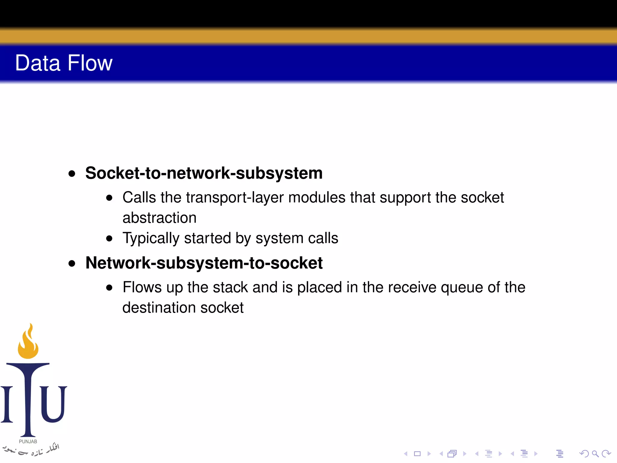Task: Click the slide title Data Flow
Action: tap(64, 63)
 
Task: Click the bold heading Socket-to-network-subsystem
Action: tap(204, 173)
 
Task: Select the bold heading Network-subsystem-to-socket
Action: tap(204, 263)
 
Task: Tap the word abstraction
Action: tap(159, 218)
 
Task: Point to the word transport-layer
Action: tap(235, 198)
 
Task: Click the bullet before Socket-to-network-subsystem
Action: tap(72, 174)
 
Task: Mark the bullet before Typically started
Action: tap(109, 239)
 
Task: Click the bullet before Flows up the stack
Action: tap(109, 288)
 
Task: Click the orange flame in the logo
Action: tap(28, 344)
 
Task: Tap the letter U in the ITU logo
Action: tap(53, 404)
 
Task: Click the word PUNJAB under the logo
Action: tap(28, 442)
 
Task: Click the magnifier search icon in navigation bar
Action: tap(595, 454)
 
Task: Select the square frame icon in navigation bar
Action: tap(417, 454)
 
